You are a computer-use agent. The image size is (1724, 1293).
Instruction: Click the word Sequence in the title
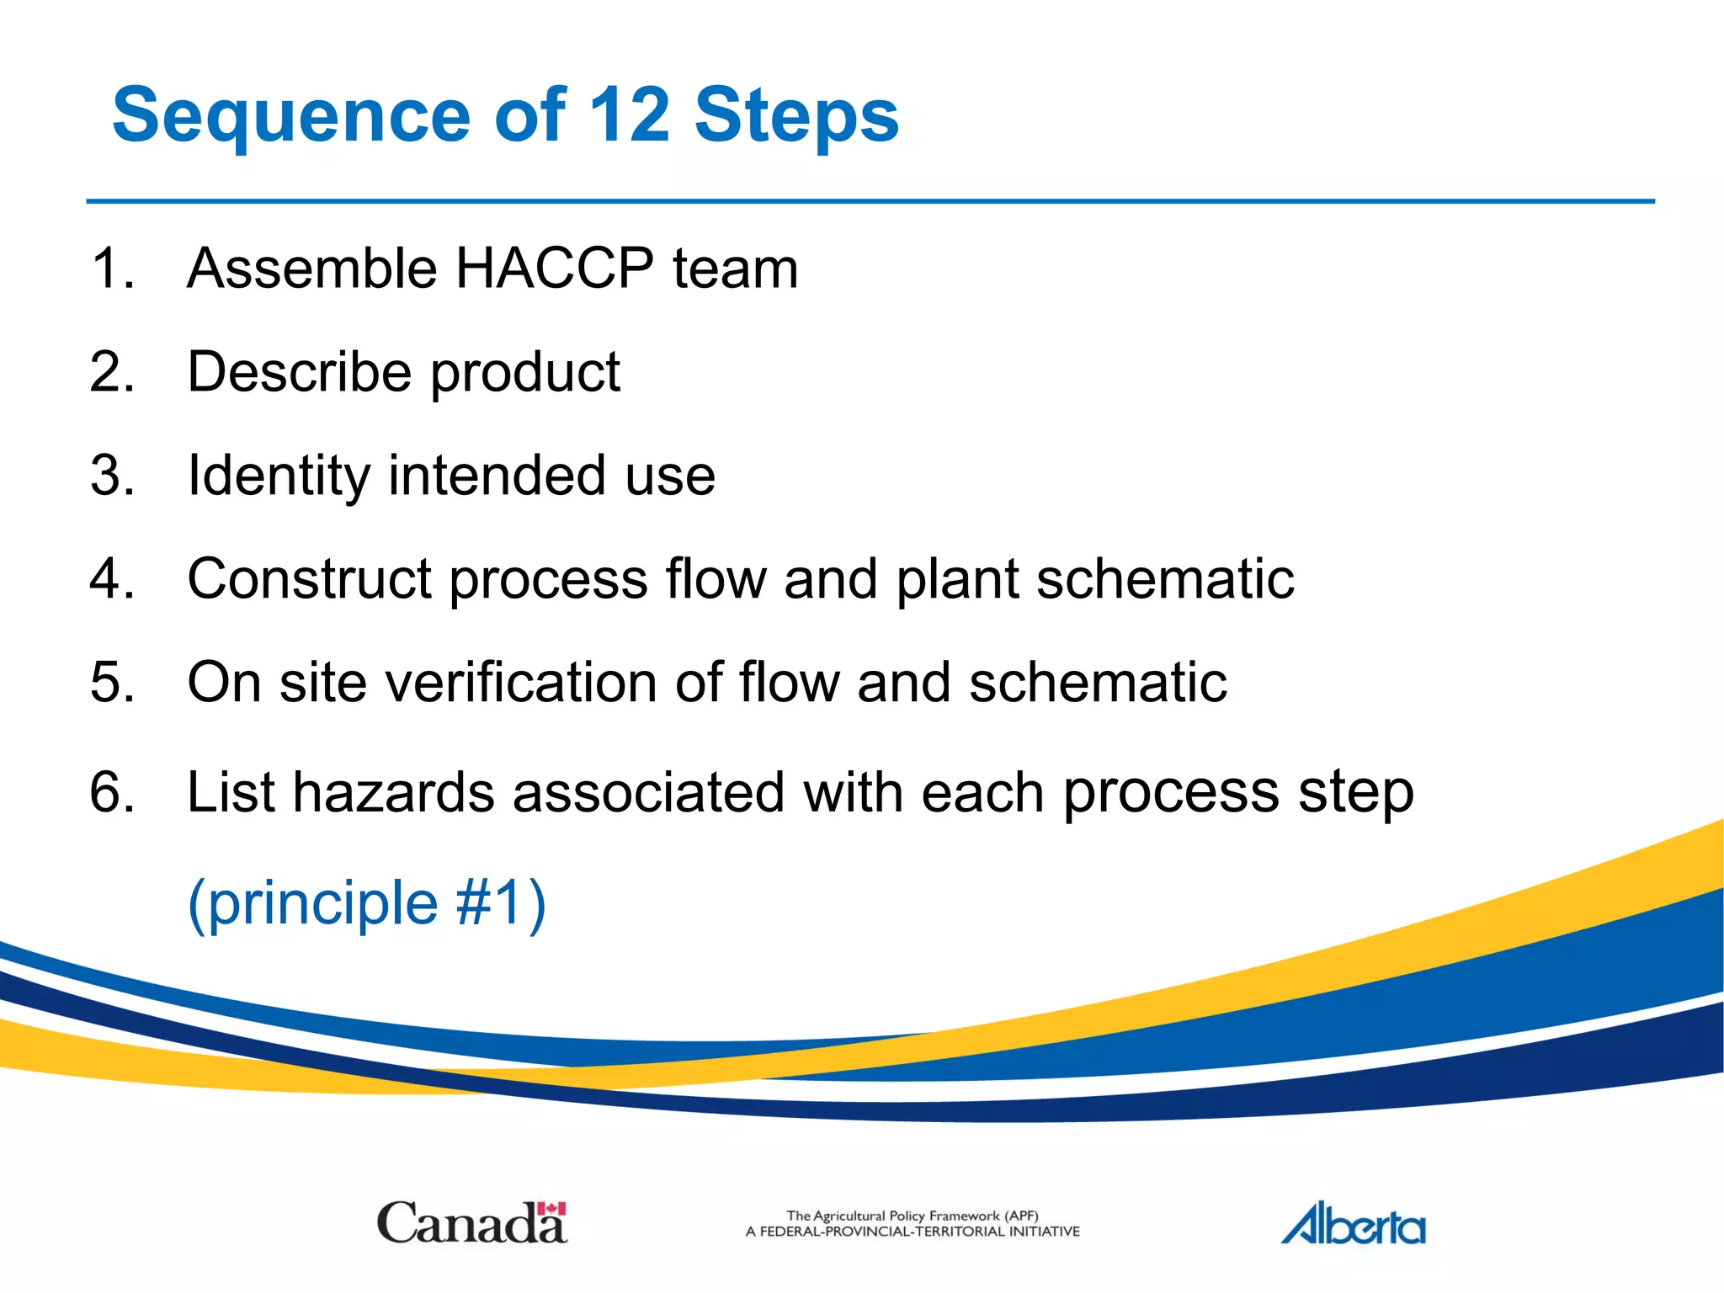click(290, 116)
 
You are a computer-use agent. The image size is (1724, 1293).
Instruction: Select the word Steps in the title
click(796, 116)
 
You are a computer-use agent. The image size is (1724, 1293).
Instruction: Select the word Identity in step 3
click(278, 476)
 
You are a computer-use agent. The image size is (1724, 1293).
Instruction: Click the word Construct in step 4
click(308, 580)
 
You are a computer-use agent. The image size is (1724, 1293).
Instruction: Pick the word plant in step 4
click(956, 580)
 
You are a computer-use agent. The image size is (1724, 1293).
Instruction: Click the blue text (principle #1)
click(366, 903)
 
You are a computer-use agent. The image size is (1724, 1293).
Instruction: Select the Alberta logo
click(1354, 1225)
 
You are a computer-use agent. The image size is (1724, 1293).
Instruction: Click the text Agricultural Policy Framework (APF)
click(913, 1216)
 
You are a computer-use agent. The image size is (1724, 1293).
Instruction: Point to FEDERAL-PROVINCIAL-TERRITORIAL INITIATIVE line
click(913, 1232)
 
